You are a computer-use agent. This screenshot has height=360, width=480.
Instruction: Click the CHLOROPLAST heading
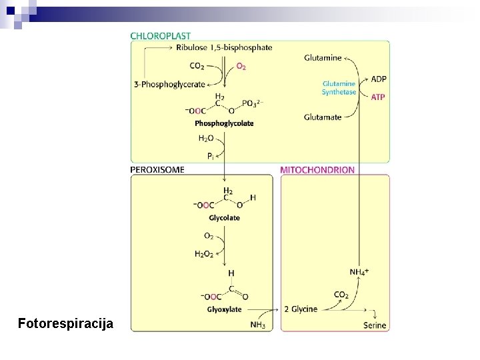(161, 35)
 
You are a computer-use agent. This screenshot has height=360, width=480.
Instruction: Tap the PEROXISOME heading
(158, 170)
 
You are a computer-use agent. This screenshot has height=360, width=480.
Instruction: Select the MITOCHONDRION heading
(318, 170)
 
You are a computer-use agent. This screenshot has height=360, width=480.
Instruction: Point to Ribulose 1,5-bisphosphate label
(224, 47)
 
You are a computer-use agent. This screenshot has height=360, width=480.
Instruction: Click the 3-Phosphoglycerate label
(169, 84)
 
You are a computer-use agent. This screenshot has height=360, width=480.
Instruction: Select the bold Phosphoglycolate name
(224, 123)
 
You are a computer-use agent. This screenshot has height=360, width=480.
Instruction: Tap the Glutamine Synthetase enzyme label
(339, 87)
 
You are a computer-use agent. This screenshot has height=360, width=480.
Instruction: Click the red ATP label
(378, 97)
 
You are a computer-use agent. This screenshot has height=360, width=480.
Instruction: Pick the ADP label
(378, 79)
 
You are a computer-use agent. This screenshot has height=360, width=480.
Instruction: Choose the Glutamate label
(323, 117)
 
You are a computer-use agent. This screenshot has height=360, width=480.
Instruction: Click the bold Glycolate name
(224, 218)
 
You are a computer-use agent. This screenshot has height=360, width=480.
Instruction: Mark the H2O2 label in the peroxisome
(205, 253)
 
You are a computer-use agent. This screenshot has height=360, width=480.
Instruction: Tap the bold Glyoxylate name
(224, 309)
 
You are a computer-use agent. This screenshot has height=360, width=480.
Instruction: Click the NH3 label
(257, 325)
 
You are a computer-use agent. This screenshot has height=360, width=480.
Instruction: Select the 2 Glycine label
(301, 309)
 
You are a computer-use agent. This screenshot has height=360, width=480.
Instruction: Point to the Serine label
(375, 325)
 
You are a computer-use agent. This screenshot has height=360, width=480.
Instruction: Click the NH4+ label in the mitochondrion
(359, 271)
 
